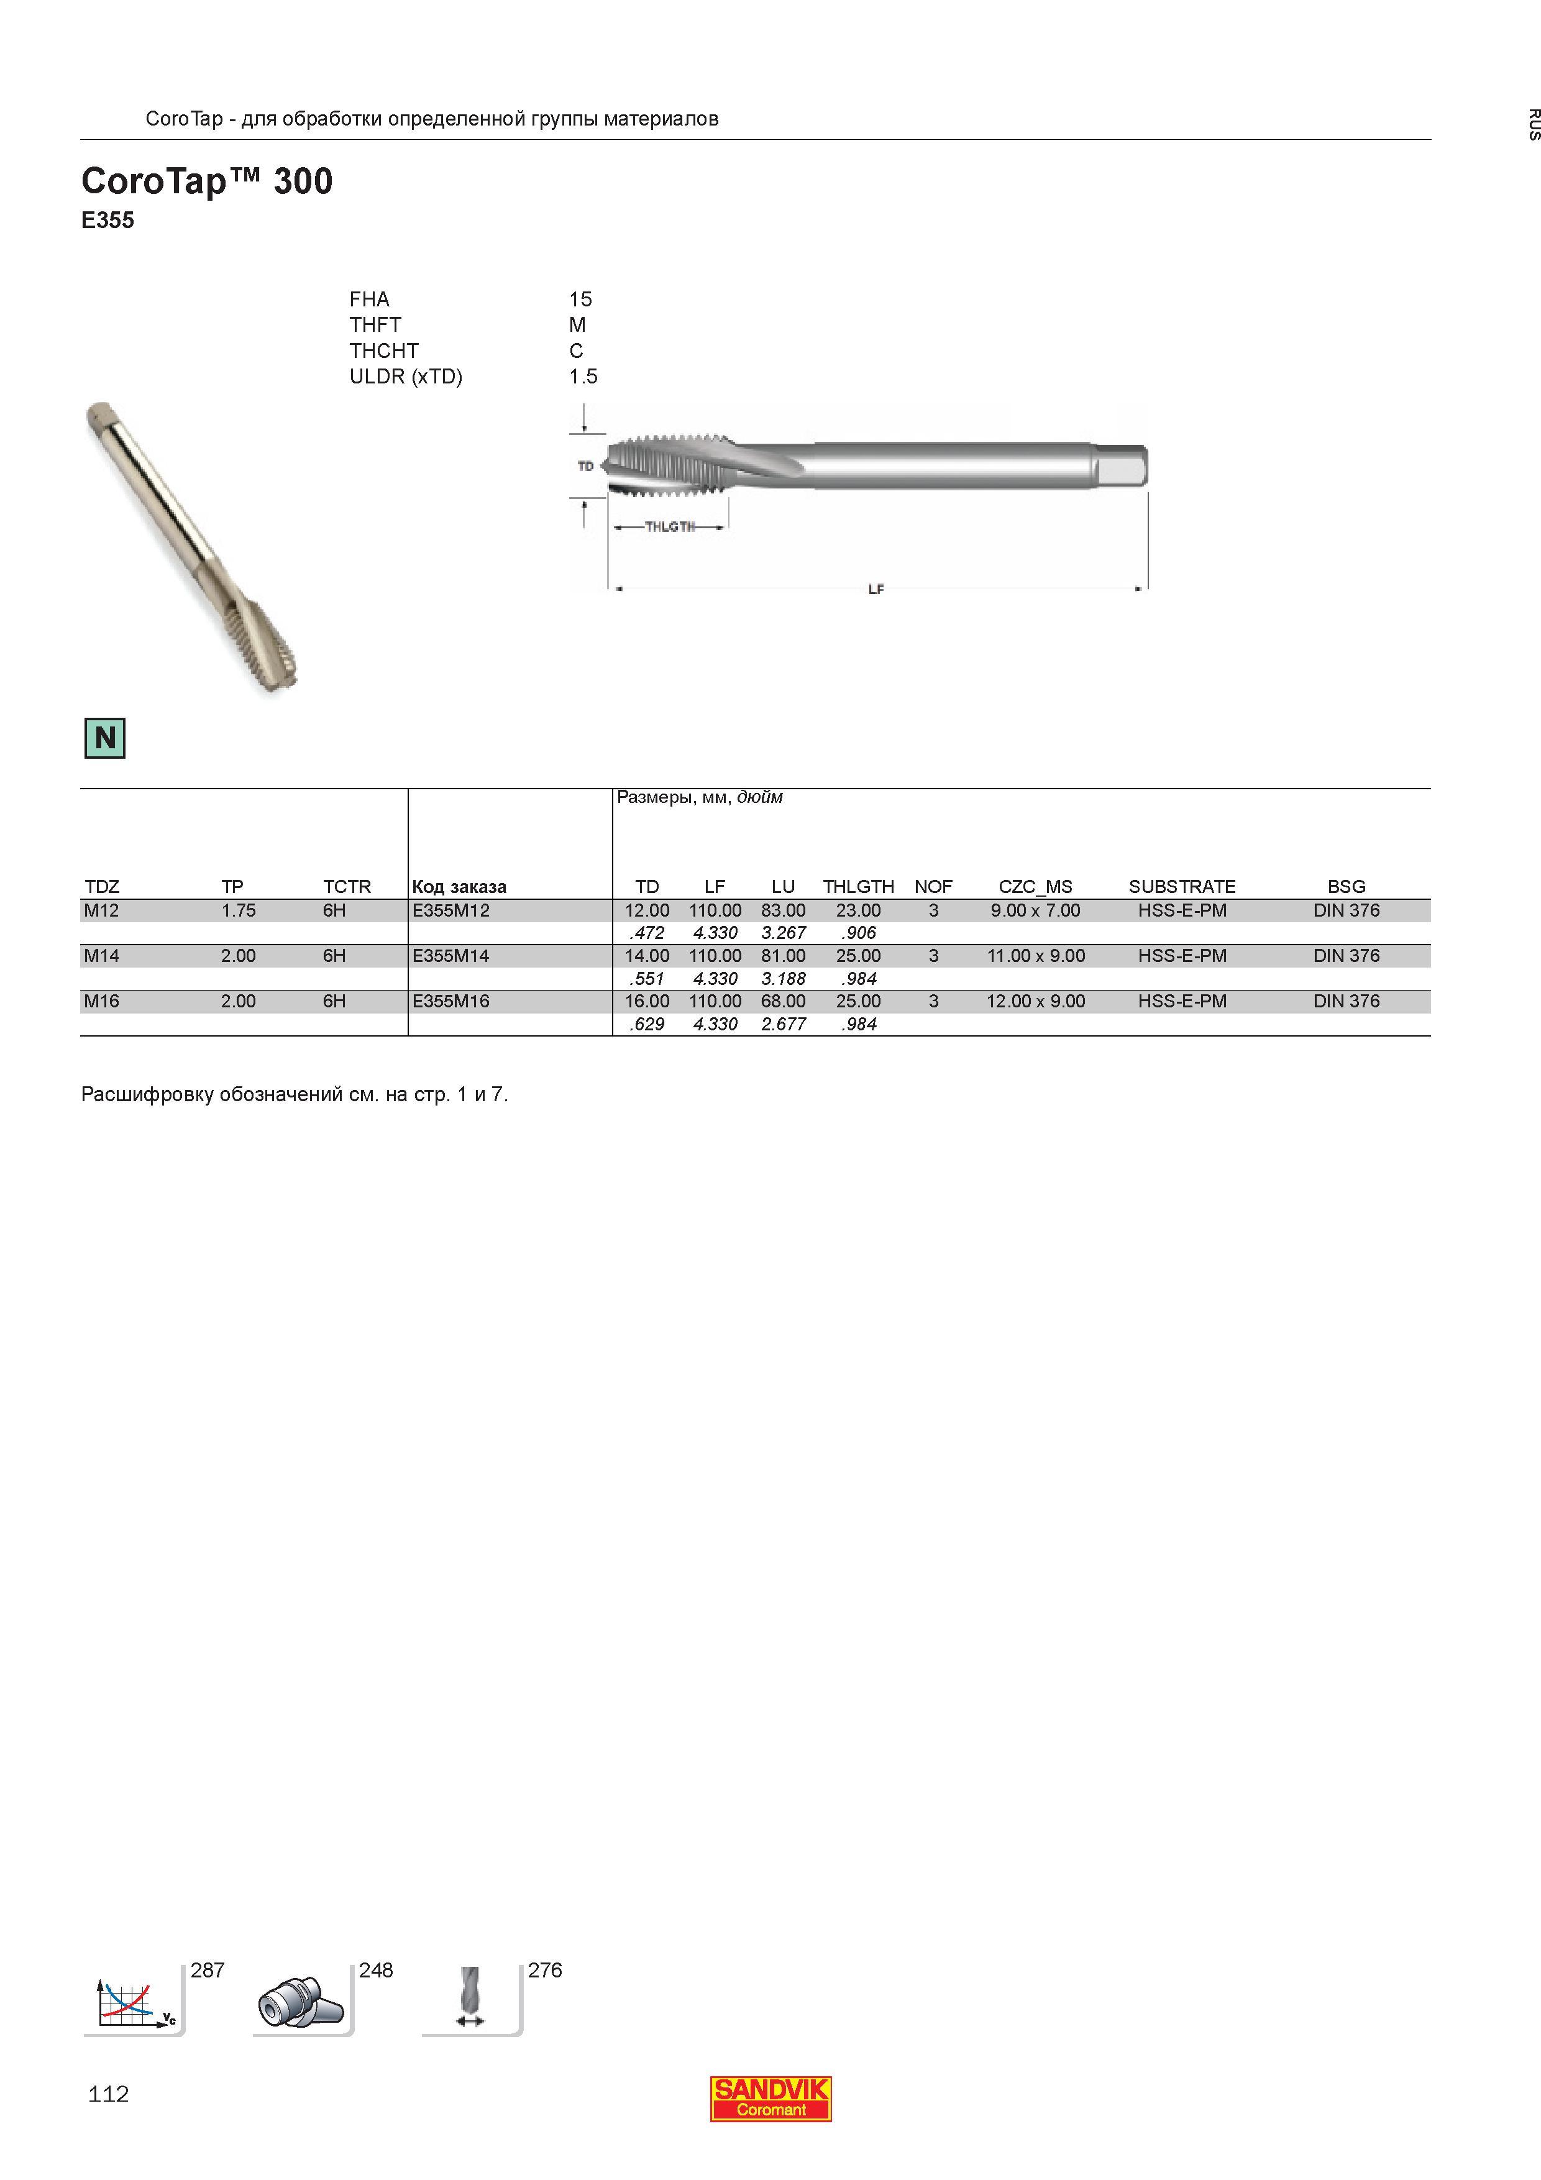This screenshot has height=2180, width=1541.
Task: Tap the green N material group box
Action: [106, 738]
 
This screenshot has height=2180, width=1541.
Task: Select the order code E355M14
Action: [451, 956]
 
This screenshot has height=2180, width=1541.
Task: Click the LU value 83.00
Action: [784, 910]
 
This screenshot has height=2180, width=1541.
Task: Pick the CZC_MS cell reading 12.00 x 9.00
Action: [1035, 1001]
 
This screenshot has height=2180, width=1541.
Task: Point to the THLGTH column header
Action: [858, 887]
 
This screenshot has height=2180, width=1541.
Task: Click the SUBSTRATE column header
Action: [1182, 887]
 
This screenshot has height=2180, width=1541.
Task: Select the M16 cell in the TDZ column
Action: [101, 1001]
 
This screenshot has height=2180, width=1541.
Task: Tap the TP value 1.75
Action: [239, 910]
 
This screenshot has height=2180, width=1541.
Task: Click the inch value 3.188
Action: [784, 979]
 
